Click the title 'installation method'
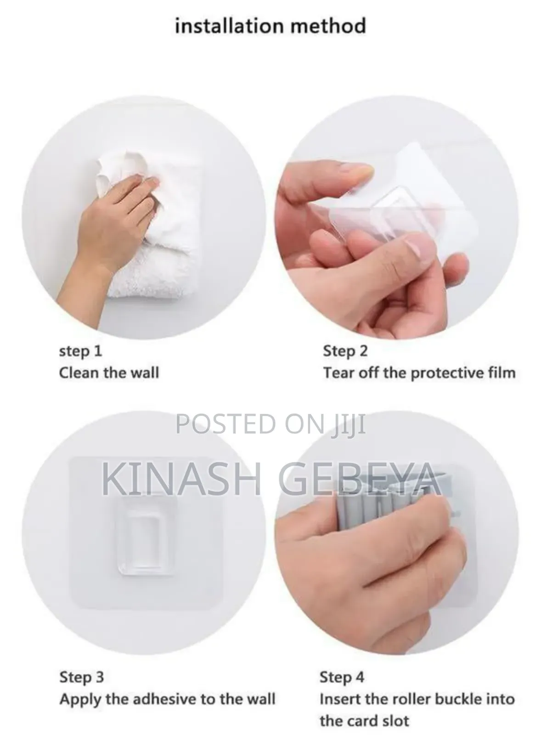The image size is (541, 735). coord(270,26)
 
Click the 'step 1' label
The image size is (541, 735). coord(81,351)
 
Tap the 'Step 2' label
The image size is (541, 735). coord(345,351)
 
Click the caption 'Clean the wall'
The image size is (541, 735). coord(109,373)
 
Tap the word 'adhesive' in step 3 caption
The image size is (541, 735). coord(160,699)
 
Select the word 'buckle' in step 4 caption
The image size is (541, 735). coord(458,699)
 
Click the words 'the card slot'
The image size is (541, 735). coord(364,721)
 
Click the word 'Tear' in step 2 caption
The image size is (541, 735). coord(339,373)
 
